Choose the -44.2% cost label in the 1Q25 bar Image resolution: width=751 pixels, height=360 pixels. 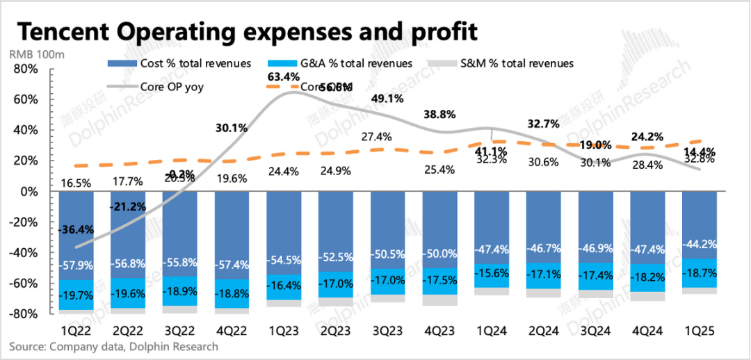coord(700,245)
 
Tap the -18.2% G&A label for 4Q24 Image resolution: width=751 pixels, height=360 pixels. coord(648,276)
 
